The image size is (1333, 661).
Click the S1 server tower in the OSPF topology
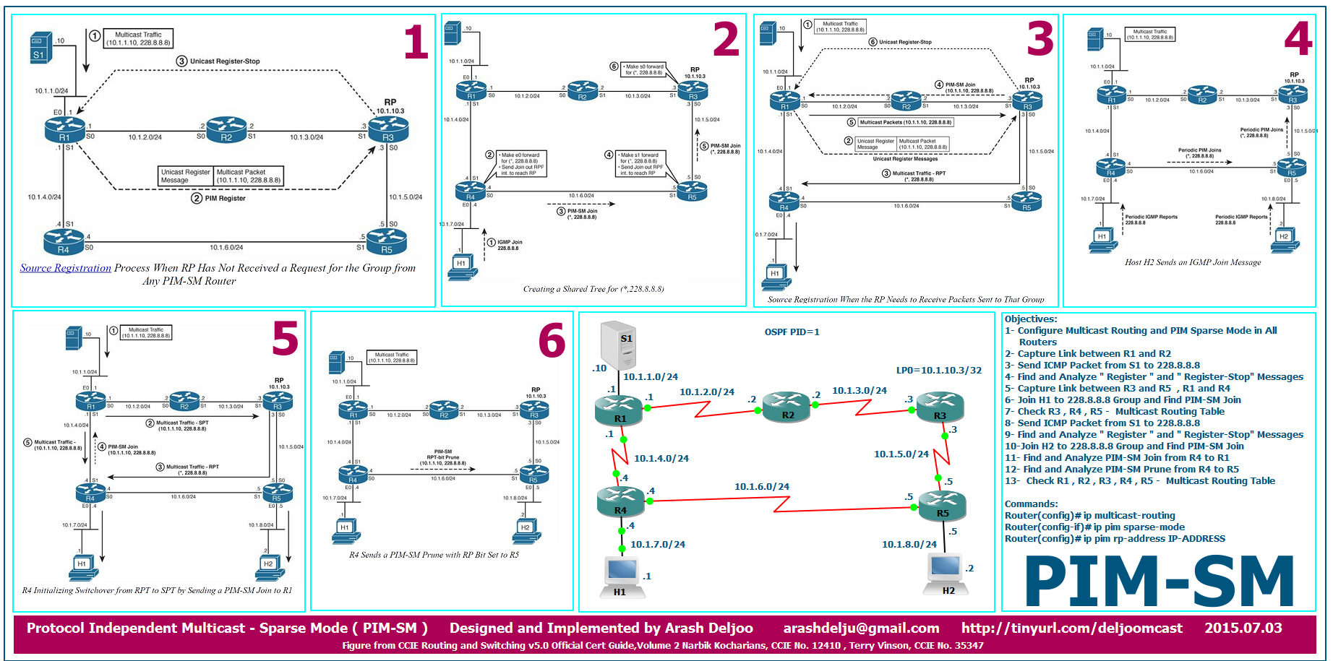pyautogui.click(x=619, y=345)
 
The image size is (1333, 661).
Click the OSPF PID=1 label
pyautogui.click(x=792, y=332)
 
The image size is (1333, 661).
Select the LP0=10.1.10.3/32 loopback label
pyautogui.click(x=938, y=371)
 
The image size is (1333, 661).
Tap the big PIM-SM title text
pyautogui.click(x=1159, y=582)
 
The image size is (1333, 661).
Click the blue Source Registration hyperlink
pyautogui.click(x=66, y=268)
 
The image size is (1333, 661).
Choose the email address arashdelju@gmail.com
pyautogui.click(x=861, y=628)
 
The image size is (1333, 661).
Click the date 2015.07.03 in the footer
pyautogui.click(x=1243, y=628)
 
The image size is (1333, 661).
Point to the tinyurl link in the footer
pyautogui.click(x=1071, y=628)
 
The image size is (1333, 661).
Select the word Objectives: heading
pyautogui.click(x=1031, y=319)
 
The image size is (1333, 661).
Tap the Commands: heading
pyautogui.click(x=1031, y=504)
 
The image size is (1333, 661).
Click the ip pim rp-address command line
pyautogui.click(x=1115, y=539)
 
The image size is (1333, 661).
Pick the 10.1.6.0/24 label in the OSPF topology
pyautogui.click(x=761, y=487)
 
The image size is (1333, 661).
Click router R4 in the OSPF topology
pyautogui.click(x=620, y=501)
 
